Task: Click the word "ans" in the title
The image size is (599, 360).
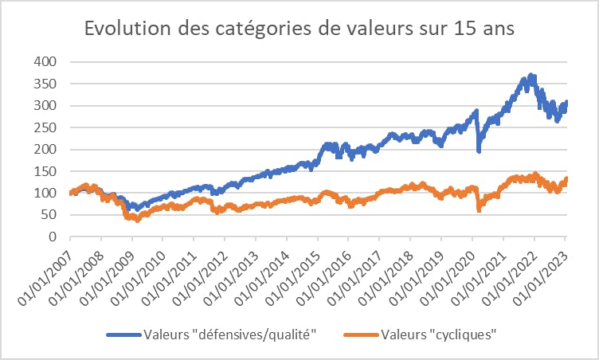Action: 494,29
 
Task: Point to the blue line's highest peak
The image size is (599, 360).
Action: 531,76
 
